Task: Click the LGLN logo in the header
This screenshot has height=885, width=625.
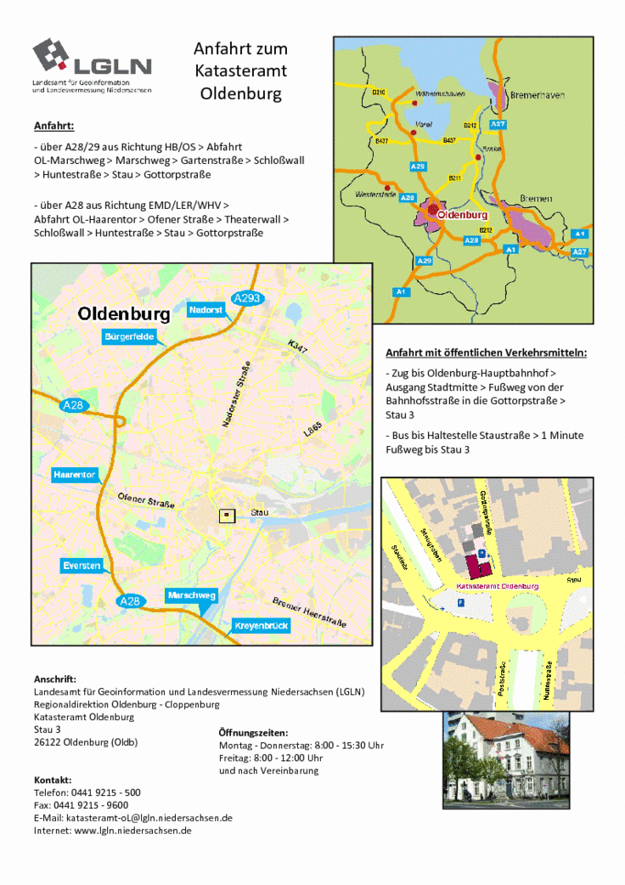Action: pyautogui.click(x=92, y=63)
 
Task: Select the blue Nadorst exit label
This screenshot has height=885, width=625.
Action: pyautogui.click(x=206, y=310)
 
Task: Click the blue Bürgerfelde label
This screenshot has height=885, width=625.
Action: pyautogui.click(x=129, y=337)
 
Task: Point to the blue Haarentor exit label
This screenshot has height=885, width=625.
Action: pyautogui.click(x=74, y=474)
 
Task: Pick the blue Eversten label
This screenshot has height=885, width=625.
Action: pyautogui.click(x=82, y=565)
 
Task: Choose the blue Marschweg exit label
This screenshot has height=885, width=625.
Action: pyautogui.click(x=191, y=595)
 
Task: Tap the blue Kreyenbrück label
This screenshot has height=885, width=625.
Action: pyautogui.click(x=261, y=626)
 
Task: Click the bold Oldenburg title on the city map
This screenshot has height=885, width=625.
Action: pyautogui.click(x=124, y=314)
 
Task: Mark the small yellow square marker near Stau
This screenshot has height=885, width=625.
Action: pyautogui.click(x=226, y=514)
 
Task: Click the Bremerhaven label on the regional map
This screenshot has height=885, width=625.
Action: pyautogui.click(x=537, y=95)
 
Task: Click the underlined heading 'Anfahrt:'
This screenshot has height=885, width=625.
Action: pyautogui.click(x=54, y=127)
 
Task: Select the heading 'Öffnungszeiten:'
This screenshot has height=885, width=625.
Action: pyautogui.click(x=253, y=732)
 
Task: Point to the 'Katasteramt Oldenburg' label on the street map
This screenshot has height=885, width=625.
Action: pyautogui.click(x=498, y=587)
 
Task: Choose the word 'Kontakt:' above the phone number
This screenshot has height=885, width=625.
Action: pyautogui.click(x=53, y=780)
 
